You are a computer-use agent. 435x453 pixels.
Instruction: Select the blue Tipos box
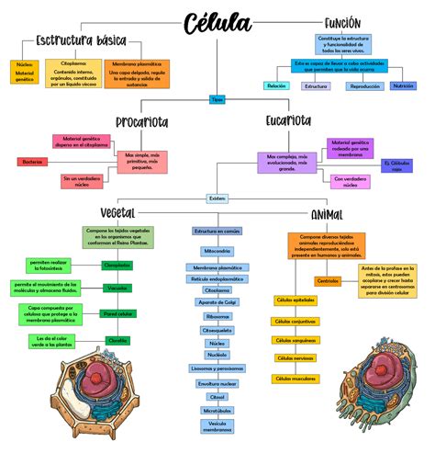pos(217,98)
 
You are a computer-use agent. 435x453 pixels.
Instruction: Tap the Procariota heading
pos(141,122)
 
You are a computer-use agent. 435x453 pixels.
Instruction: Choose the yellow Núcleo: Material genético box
pos(24,72)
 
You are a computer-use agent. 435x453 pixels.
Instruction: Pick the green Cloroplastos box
pos(117,265)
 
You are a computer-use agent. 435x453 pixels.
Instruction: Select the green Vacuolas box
pos(117,289)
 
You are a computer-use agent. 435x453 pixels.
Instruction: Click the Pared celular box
pos(117,313)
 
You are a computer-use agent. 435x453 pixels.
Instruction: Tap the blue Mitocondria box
pos(217,251)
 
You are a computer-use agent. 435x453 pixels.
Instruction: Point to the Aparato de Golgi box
pos(217,302)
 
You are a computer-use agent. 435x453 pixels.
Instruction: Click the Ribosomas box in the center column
pos(217,315)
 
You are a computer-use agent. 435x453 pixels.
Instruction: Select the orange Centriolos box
pos(328,280)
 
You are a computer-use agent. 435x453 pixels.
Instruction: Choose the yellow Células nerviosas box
pos(296,358)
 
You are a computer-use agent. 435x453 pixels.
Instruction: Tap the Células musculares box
pos(296,378)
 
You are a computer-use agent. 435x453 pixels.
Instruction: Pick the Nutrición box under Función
pos(403,85)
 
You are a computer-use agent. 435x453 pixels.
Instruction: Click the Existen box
pos(217,198)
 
